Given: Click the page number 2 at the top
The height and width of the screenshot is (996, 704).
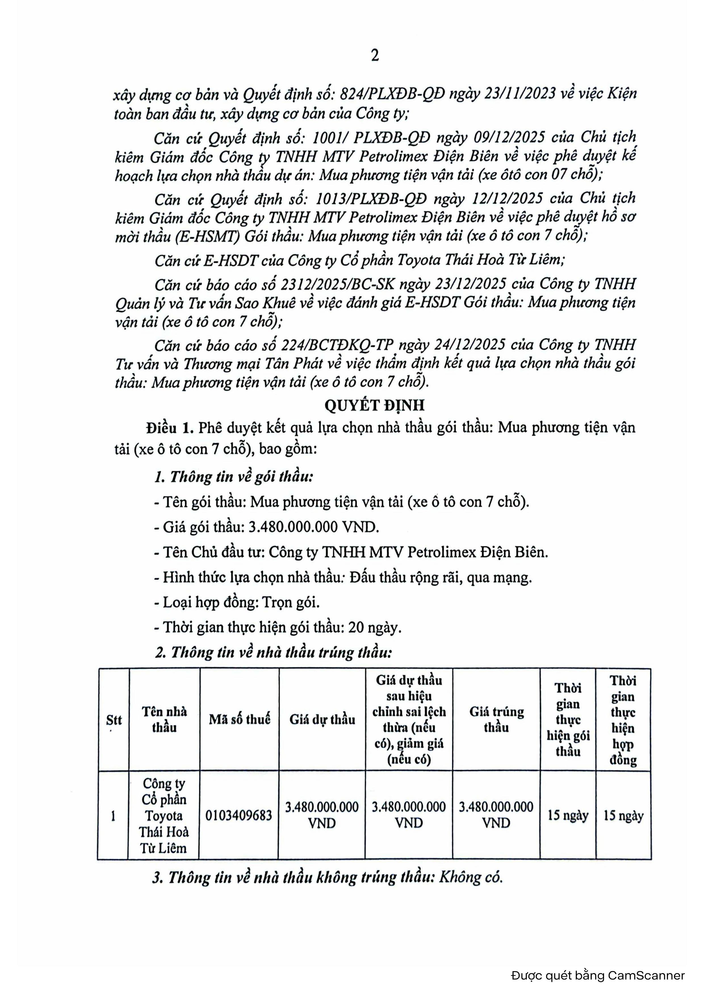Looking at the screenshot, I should coord(375,56).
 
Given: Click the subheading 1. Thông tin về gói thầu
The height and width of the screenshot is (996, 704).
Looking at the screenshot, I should coord(234,477).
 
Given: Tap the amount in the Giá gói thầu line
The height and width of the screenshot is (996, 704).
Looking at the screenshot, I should coord(314,527).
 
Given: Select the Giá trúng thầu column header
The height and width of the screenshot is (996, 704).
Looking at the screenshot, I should coord(496,719).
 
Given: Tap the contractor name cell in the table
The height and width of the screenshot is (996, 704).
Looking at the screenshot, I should coord(164,815).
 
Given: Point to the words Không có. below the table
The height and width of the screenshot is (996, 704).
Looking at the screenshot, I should coord(471,877).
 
